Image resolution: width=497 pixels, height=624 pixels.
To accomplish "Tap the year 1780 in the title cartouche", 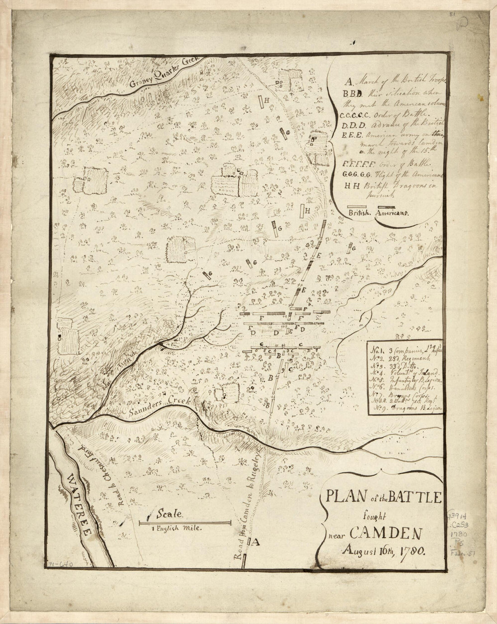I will [x=411, y=552].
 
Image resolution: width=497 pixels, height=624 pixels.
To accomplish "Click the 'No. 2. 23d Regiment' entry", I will [x=395, y=357].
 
